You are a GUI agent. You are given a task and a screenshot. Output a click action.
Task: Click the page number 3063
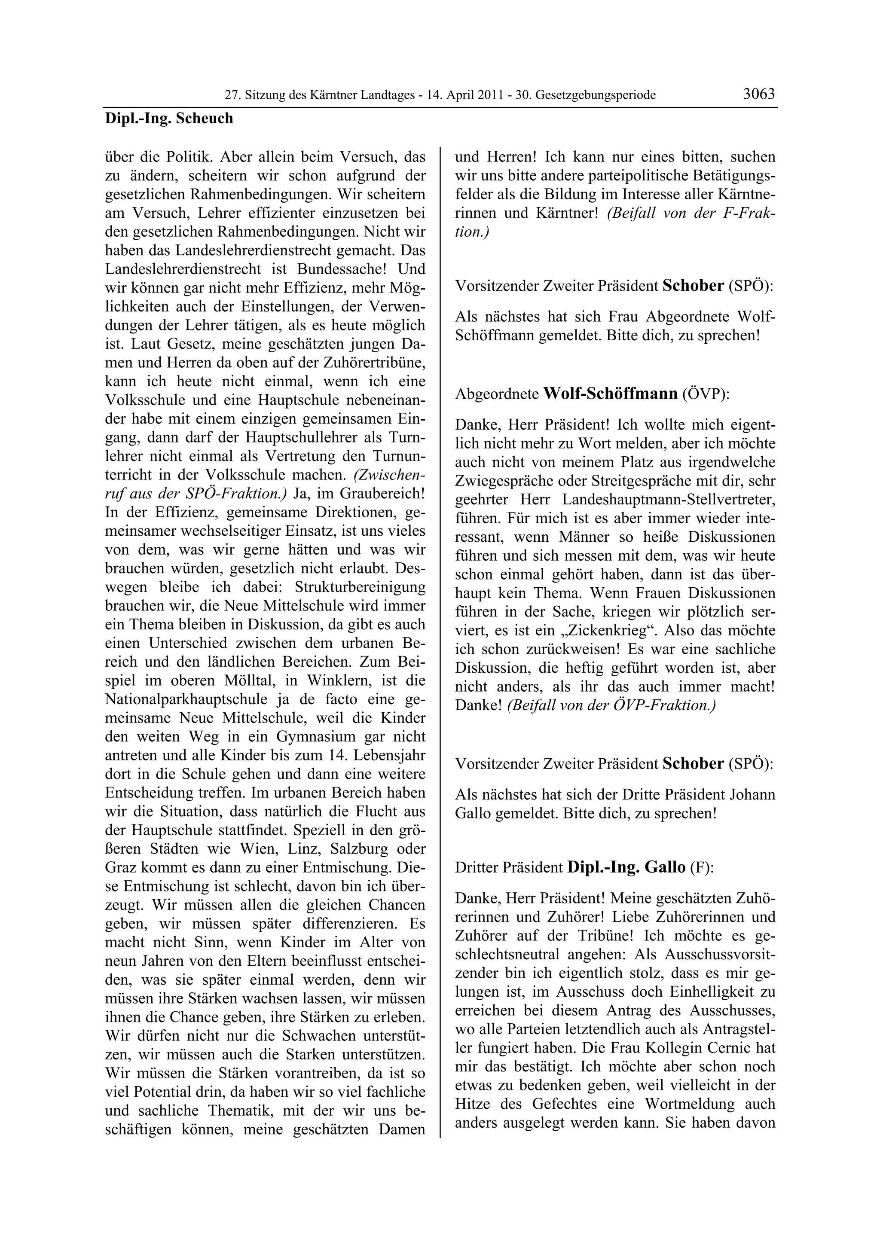(x=758, y=94)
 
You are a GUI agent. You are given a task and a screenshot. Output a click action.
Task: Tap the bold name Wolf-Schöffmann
(x=610, y=393)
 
